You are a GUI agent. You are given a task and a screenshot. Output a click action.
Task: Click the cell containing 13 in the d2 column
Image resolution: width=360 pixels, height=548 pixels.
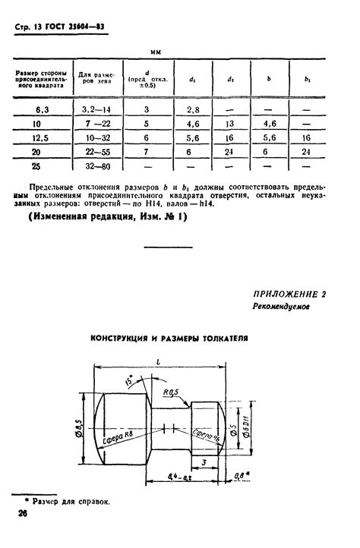click(229, 124)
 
